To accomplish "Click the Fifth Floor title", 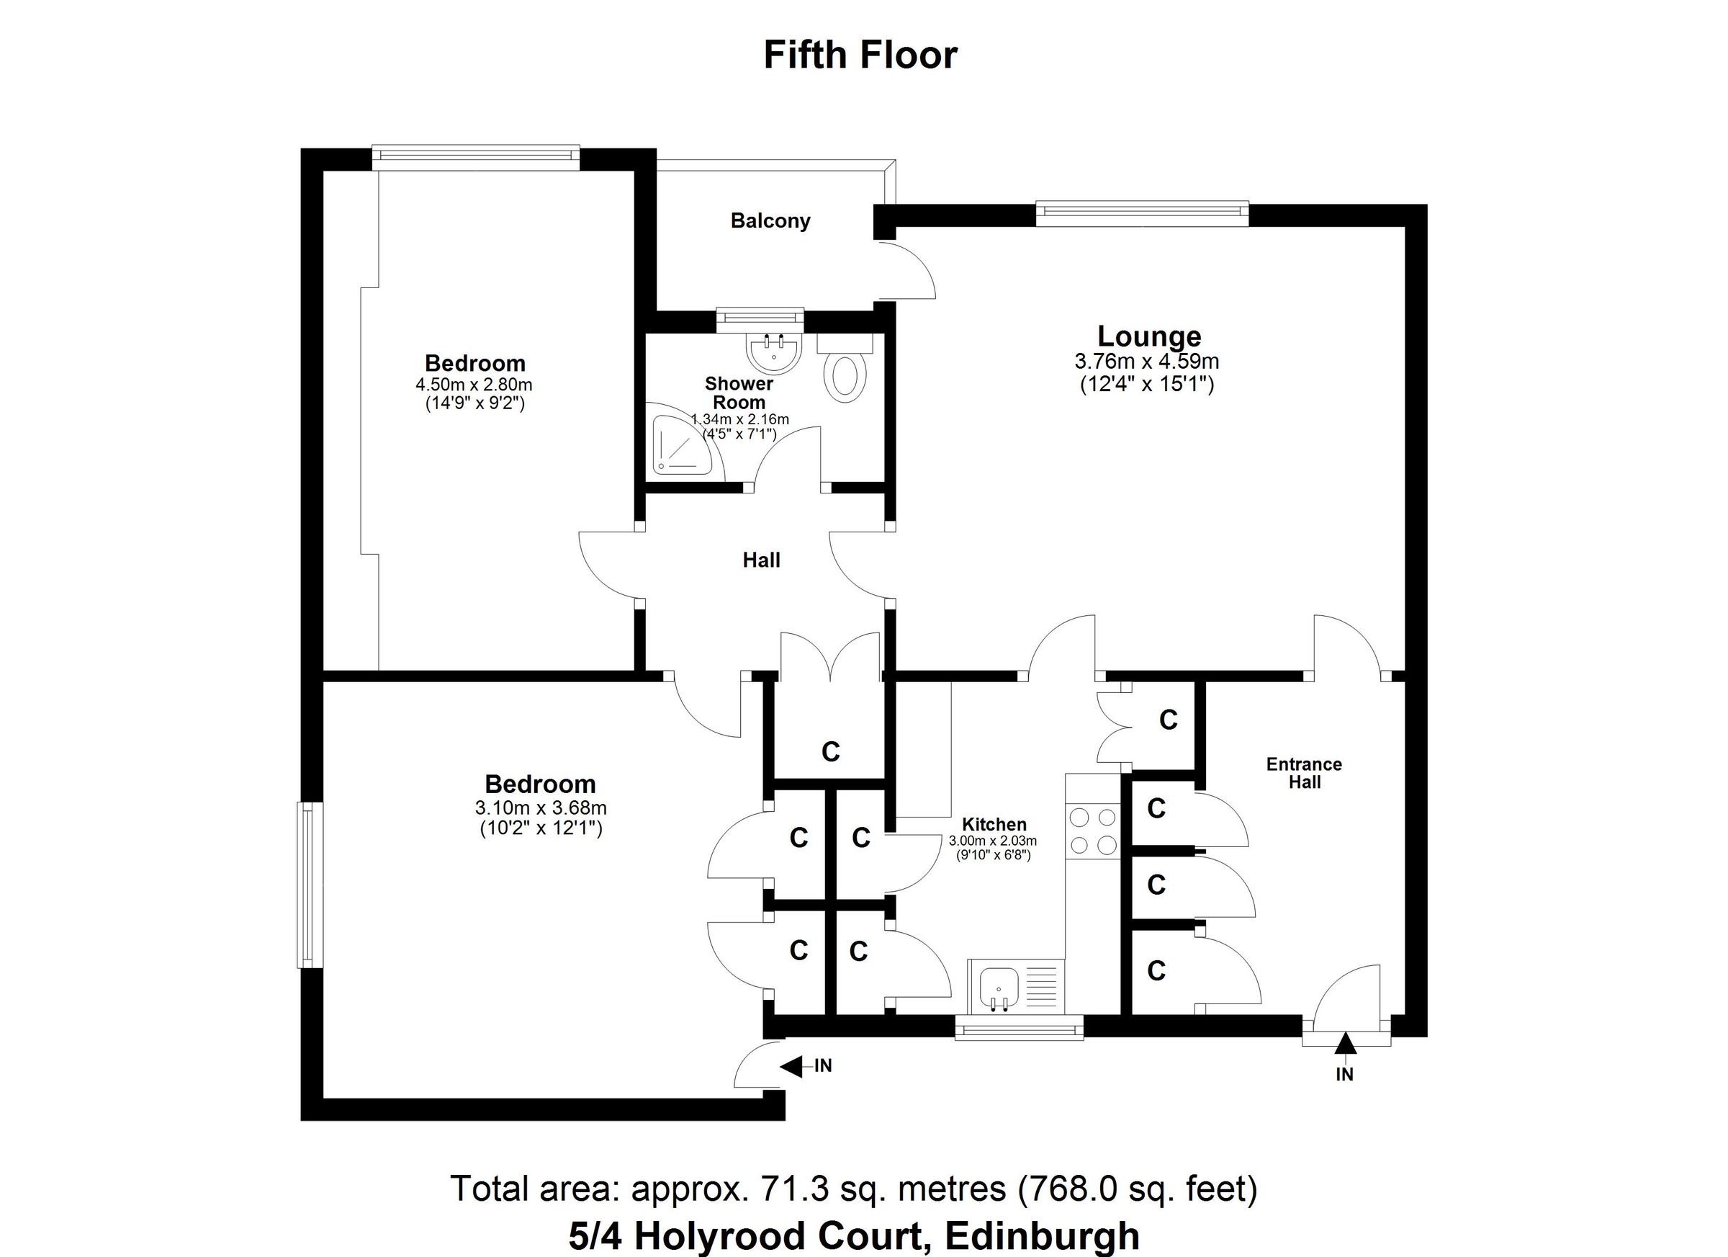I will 860,55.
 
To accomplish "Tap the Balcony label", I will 770,221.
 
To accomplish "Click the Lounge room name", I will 1149,336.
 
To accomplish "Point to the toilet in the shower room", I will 845,375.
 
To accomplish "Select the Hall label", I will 761,560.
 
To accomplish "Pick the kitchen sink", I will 998,988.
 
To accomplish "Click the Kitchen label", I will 994,824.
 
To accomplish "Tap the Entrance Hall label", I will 1304,773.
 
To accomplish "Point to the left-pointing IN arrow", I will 793,1066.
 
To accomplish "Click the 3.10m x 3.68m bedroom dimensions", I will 540,808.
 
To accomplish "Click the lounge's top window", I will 1142,213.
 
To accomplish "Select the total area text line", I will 853,1189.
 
